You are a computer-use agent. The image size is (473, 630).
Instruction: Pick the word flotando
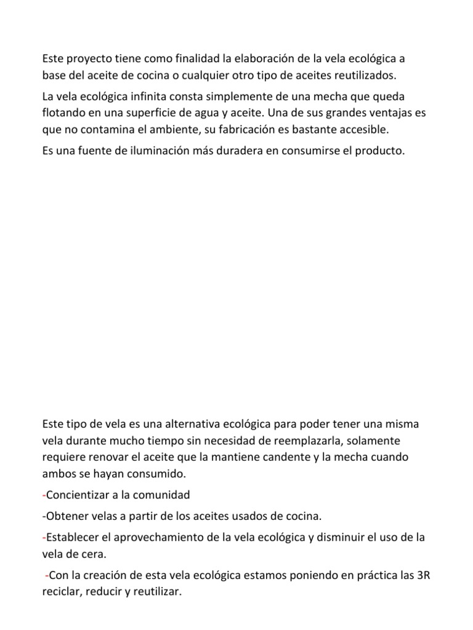coord(64,114)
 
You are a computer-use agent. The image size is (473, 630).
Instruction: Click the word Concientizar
coord(77,495)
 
